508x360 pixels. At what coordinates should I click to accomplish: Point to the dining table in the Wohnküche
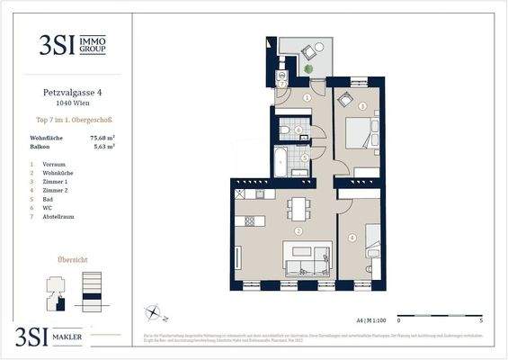[297, 209]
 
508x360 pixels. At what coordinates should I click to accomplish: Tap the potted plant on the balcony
[308, 70]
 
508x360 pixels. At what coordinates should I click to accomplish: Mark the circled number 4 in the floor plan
[352, 238]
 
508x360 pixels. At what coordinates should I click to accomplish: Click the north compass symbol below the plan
[156, 314]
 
